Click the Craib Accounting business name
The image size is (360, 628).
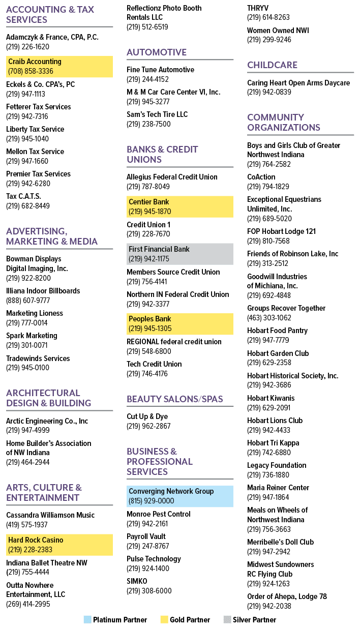pos(35,62)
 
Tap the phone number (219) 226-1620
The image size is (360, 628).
pos(28,47)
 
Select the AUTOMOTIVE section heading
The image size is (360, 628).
pos(157,52)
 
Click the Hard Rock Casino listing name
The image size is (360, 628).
pos(36,540)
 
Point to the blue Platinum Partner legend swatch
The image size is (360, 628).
pos(88,619)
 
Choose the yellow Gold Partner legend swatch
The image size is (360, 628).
pos(164,619)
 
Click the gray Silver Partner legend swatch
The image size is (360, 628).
pos(227,619)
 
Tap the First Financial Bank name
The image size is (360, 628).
pos(159,249)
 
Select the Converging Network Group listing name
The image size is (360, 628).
pos(171,491)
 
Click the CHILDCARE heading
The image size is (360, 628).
pos(272,65)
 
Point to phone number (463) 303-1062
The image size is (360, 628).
pos(269,318)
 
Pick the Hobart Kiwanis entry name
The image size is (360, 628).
pos(271,398)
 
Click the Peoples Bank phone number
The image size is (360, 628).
pos(150,328)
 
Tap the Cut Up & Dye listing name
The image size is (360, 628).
pos(147,416)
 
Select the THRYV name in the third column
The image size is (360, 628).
pos(258,8)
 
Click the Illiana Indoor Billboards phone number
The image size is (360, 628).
pos(28,301)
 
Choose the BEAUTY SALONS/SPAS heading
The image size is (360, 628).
pos(175,399)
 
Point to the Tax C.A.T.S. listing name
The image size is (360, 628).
pos(23,196)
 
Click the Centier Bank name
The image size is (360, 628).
pos(149,202)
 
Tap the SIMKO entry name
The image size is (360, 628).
pos(137,581)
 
